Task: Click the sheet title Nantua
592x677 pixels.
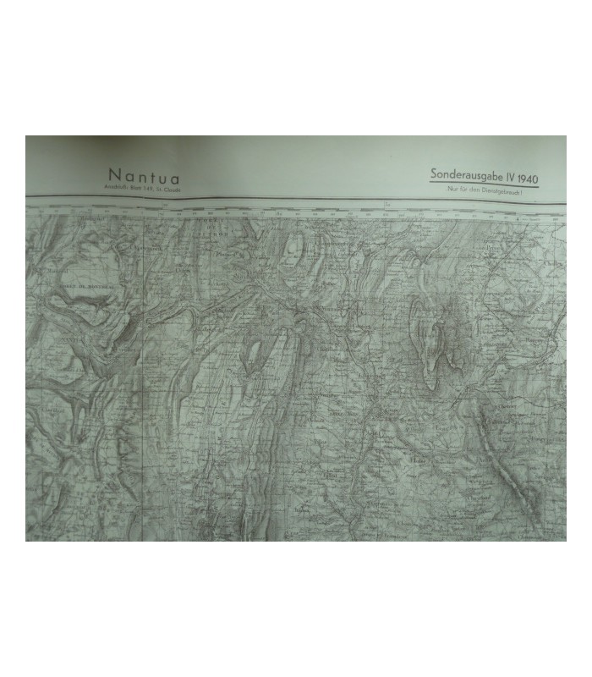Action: click(144, 177)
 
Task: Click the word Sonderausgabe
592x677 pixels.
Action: click(469, 174)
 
